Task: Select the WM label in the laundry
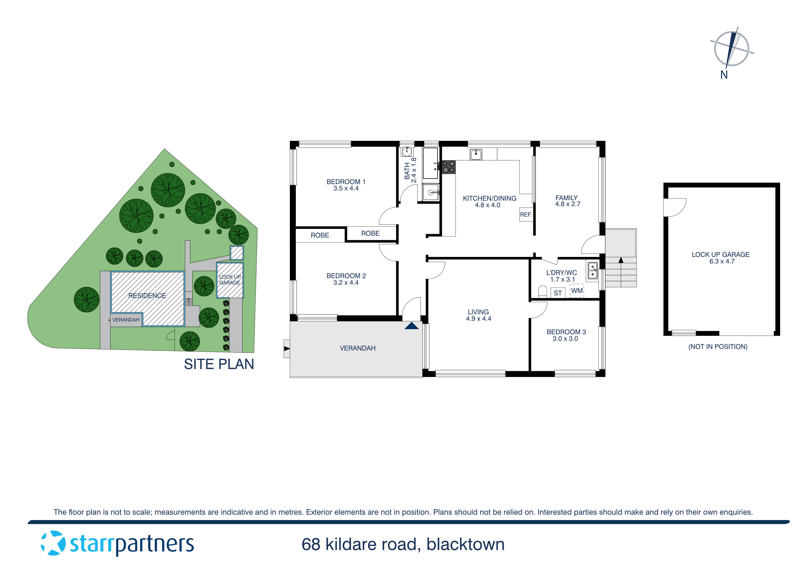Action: click(576, 291)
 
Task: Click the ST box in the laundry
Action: click(557, 293)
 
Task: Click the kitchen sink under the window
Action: click(476, 154)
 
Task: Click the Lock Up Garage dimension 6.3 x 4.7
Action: click(722, 261)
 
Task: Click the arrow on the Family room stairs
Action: click(621, 260)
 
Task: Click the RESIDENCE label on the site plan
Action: click(147, 296)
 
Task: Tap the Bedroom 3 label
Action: click(566, 332)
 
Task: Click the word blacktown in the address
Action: click(465, 544)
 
